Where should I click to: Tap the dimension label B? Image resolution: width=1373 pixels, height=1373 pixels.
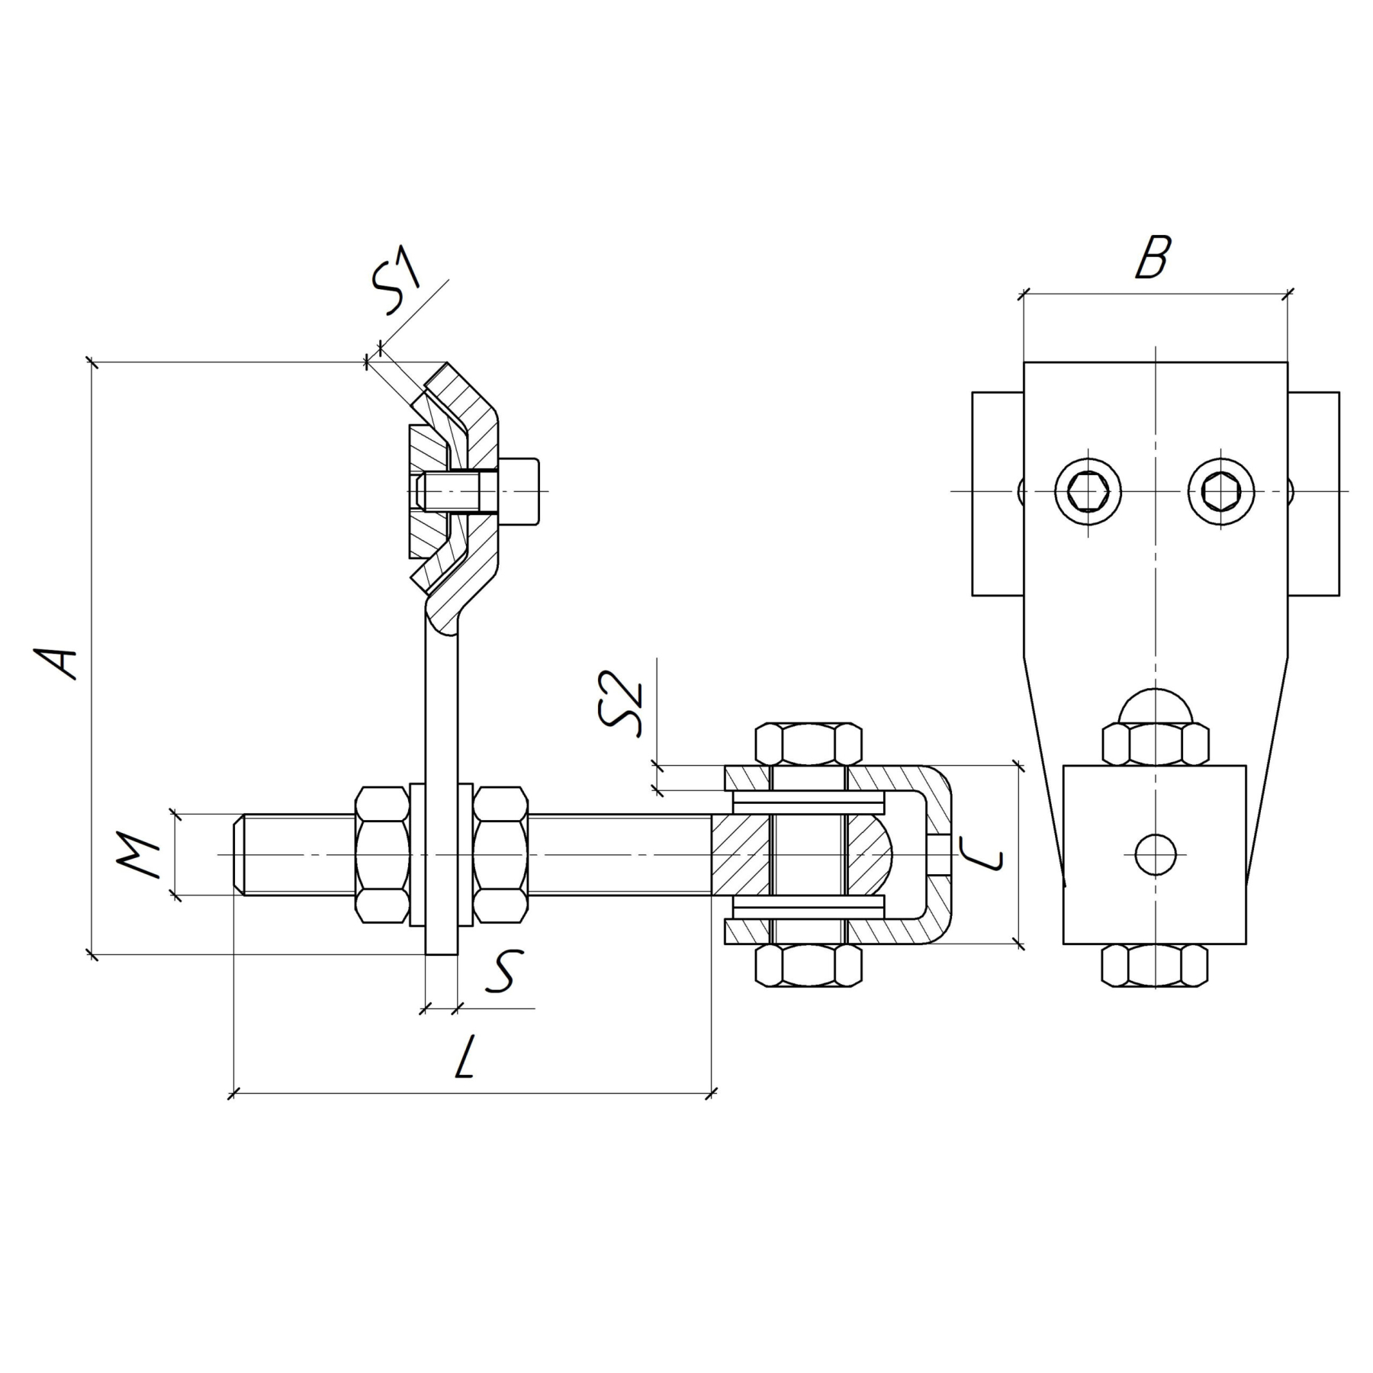1152,257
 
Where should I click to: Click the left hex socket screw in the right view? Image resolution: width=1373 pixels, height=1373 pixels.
1088,491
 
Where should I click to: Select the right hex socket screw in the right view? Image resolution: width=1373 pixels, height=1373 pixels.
1221,491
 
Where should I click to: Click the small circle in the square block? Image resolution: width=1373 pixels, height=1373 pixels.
1155,854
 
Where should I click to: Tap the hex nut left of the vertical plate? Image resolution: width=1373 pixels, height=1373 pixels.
381,854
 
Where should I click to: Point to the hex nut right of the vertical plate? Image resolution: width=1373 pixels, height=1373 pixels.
500,854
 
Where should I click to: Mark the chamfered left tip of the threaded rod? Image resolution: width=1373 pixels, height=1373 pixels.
239,854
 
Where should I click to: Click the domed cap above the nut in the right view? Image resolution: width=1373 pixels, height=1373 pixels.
1155,706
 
